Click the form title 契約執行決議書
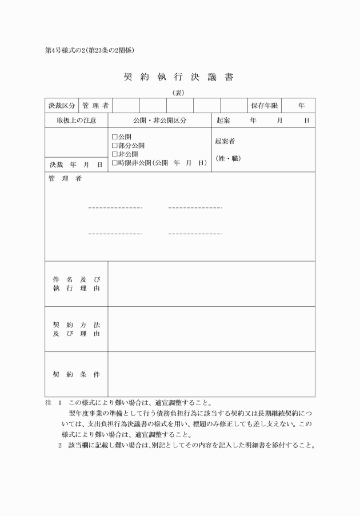pos(179,77)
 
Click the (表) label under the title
pos(179,93)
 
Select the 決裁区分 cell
pos(61,106)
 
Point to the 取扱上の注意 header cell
pos(76,121)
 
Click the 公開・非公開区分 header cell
pos(159,121)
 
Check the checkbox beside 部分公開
pos(114,146)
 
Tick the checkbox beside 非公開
pos(114,154)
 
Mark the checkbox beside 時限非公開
pos(114,163)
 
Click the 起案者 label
pos(225,141)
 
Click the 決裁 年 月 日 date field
pos(76,165)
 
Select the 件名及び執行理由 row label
pos(76,284)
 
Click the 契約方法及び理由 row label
pos(76,329)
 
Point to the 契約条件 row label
pos(76,374)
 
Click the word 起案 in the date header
pos(223,121)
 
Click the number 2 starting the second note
pos(59,445)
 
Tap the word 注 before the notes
pos(48,402)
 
